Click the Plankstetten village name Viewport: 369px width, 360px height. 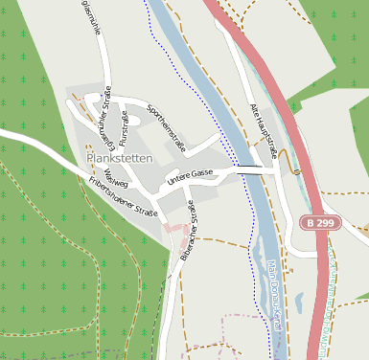(119, 158)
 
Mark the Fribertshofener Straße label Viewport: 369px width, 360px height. (123, 196)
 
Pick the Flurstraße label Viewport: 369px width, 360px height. (125, 126)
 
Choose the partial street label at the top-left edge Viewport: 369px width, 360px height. (87, 17)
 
